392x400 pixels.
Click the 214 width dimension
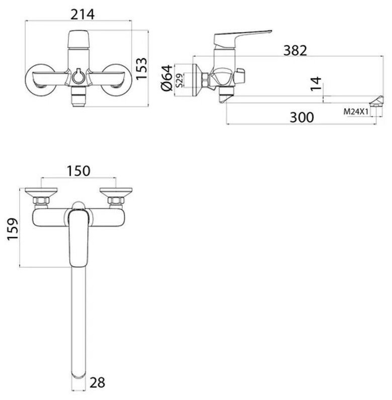point(83,15)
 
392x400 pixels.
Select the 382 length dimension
point(296,51)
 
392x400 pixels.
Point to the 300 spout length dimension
point(302,117)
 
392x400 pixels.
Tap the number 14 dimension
point(315,84)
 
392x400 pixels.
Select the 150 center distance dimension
point(78,171)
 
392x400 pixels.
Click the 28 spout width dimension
point(98,383)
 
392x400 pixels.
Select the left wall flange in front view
point(39,79)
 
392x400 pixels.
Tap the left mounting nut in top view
point(41,202)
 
